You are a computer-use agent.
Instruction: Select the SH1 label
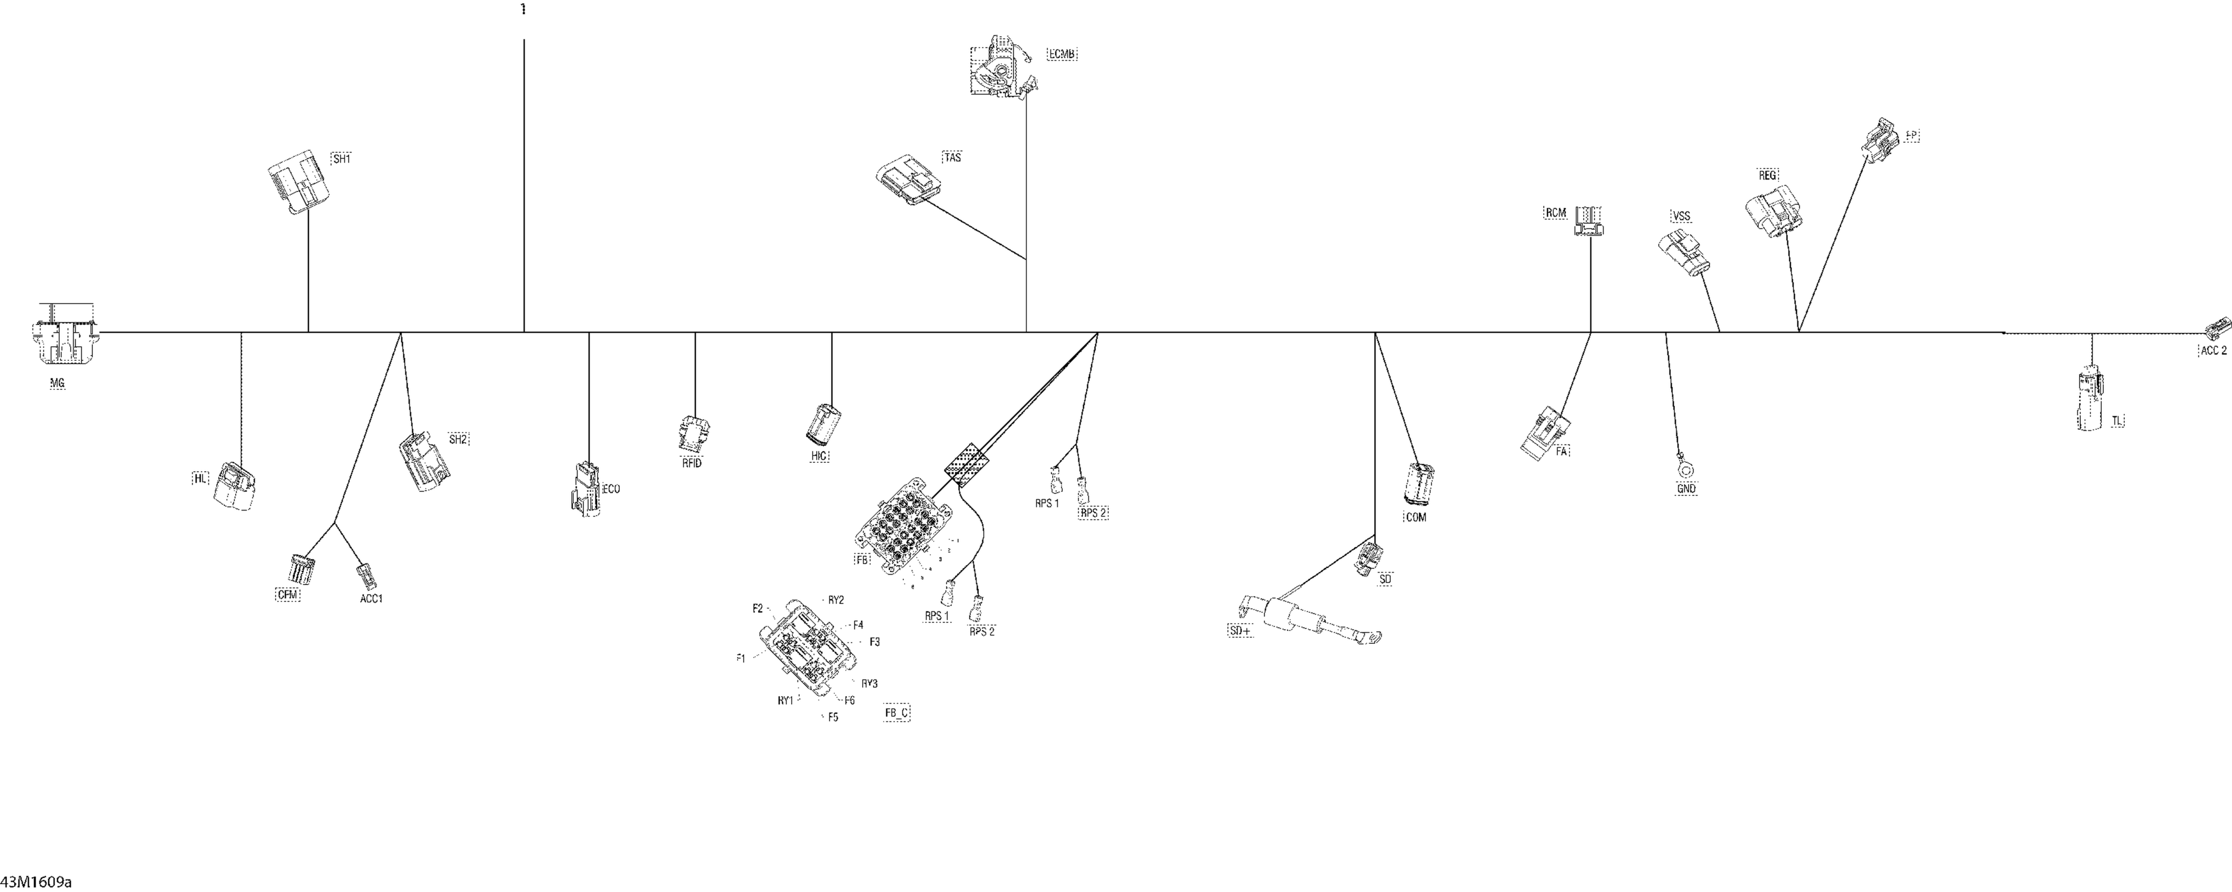click(341, 160)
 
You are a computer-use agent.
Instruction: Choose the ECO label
click(611, 490)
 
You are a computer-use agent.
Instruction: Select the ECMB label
click(1062, 55)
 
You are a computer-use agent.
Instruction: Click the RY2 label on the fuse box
click(835, 599)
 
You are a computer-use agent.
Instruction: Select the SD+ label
click(1240, 631)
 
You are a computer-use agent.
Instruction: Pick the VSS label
click(1681, 216)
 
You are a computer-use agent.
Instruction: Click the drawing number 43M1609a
click(36, 882)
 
